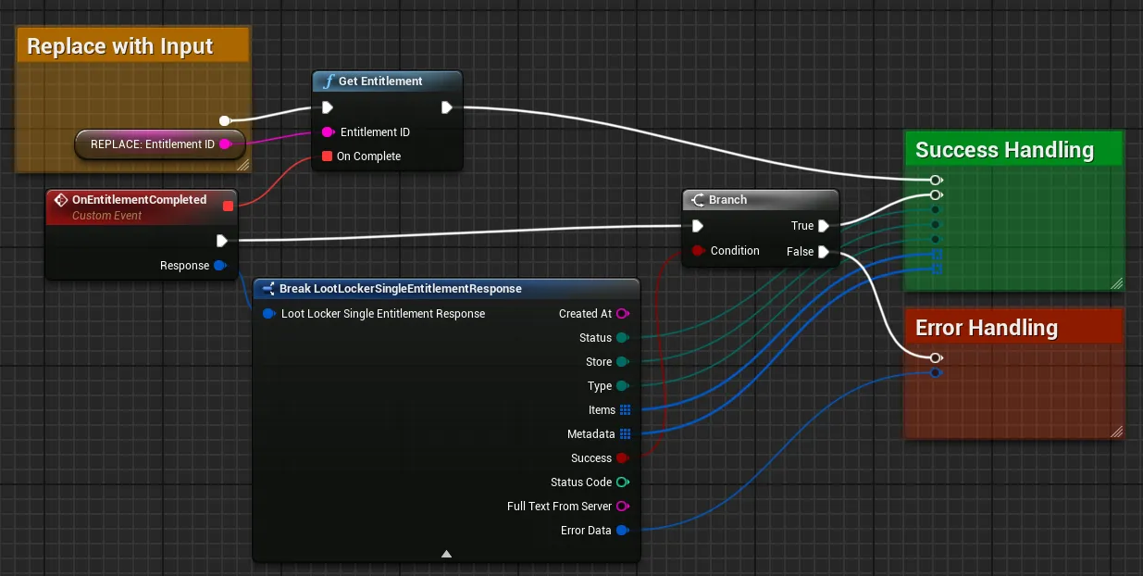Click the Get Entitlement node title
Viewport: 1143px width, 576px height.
380,81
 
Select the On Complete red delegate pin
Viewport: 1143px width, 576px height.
327,157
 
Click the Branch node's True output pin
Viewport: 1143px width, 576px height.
824,226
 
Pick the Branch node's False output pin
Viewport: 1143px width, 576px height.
824,252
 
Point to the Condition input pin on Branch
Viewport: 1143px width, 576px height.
698,251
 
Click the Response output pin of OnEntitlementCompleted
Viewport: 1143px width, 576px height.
220,266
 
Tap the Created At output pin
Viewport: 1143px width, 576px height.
623,314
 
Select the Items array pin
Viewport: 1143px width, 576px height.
625,410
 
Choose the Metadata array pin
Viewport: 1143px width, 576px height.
625,434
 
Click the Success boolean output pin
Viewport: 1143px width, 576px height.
623,458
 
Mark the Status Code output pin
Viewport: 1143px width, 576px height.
623,482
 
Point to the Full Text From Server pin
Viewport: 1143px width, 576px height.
623,506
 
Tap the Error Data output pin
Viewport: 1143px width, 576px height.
623,531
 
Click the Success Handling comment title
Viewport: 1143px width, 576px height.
1004,150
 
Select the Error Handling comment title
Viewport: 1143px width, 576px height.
987,328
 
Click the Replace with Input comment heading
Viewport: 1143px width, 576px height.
120,46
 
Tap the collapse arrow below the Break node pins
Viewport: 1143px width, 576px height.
446,554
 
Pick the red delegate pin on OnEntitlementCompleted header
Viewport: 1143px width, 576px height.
228,206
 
